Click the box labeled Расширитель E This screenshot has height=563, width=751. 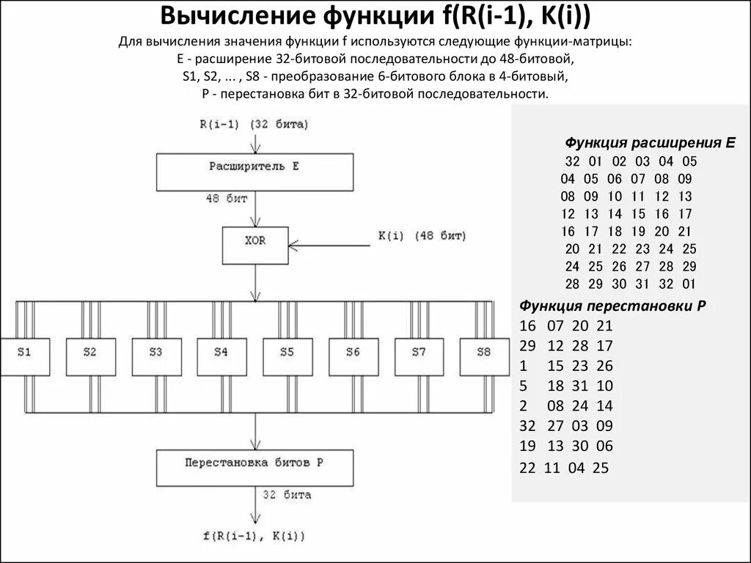[x=254, y=172]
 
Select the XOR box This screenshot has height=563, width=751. [x=254, y=245]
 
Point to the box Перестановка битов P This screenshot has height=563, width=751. [x=254, y=468]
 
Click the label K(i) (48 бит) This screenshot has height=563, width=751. [x=422, y=236]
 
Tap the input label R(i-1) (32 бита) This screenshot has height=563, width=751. [x=254, y=124]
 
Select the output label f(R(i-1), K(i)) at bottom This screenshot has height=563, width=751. [x=253, y=536]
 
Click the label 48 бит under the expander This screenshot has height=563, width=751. [x=227, y=199]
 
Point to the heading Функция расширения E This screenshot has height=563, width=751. [x=650, y=142]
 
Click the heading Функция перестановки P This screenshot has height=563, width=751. [x=612, y=306]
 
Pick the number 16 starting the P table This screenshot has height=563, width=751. [x=527, y=326]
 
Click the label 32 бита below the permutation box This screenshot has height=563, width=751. [x=287, y=495]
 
